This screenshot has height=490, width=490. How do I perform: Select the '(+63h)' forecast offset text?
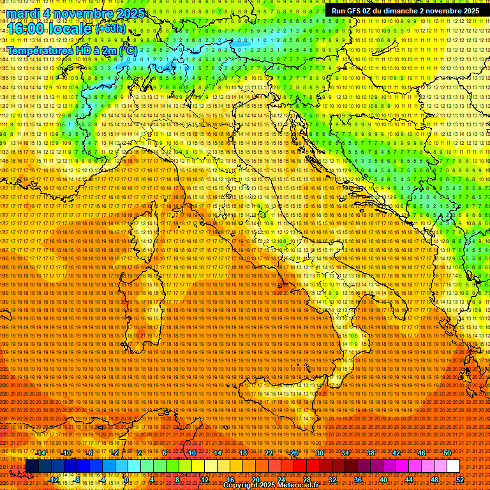coord(111,29)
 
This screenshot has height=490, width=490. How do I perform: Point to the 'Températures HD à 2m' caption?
coord(64,49)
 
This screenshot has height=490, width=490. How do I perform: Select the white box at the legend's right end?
coord(453,466)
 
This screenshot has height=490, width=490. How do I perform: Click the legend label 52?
coord(459,480)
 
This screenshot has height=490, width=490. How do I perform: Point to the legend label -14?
coord(41,453)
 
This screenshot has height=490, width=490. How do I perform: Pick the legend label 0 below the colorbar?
coord(127,480)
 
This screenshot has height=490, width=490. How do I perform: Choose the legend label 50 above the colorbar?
coord(447,453)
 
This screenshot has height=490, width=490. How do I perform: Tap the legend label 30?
coord(320,453)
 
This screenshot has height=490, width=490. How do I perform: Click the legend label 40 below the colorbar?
coord(383,480)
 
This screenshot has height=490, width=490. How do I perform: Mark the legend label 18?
coord(243,453)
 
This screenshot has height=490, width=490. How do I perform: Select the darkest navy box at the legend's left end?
coord(32,466)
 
